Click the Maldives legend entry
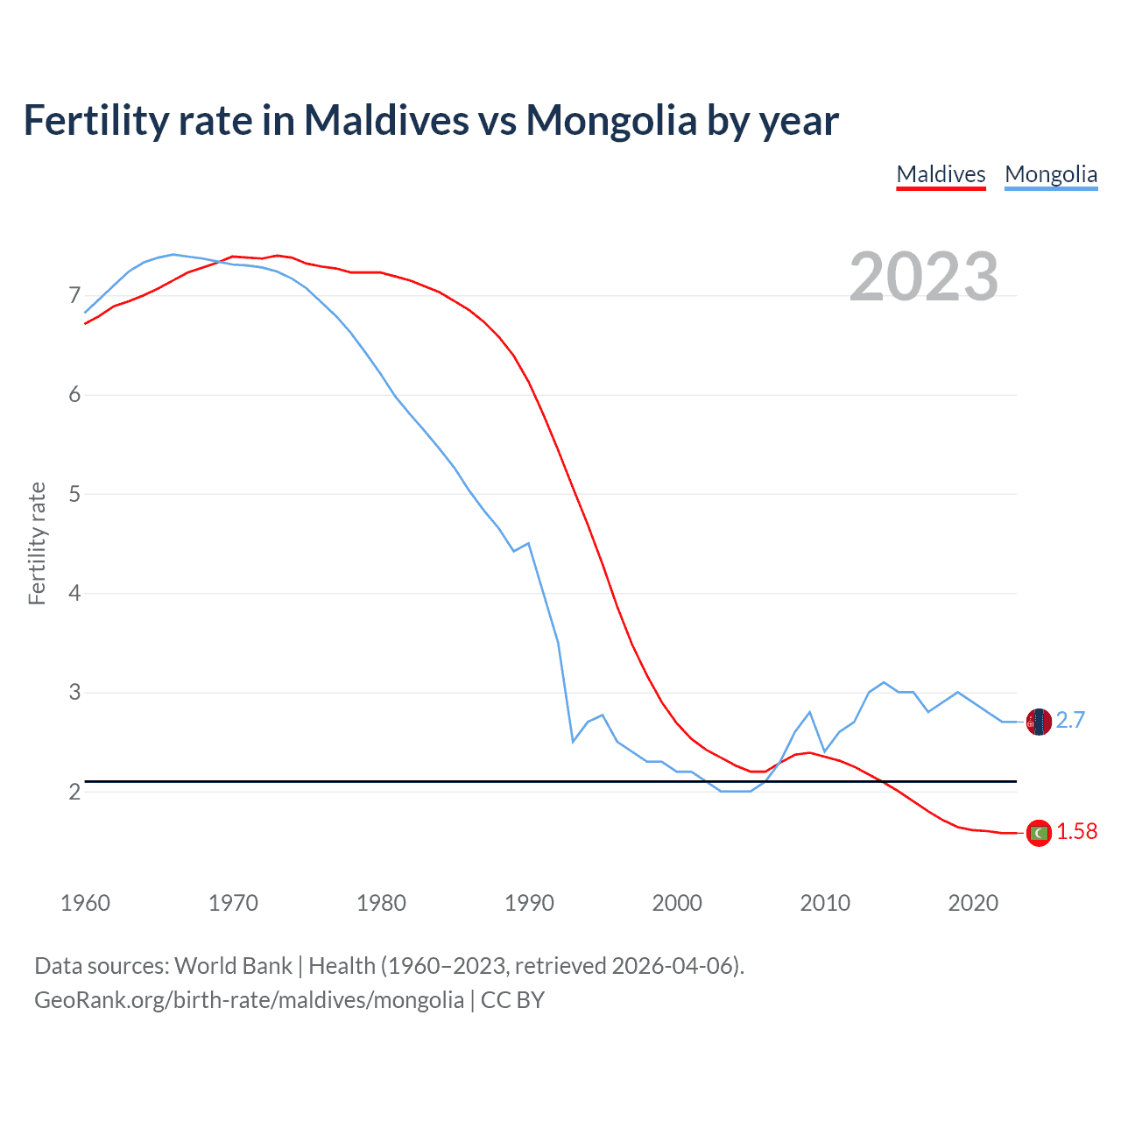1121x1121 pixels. pos(941,174)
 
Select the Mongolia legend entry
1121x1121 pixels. pos(1051,174)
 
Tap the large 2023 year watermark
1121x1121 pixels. pos(924,277)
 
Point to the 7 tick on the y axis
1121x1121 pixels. pos(74,295)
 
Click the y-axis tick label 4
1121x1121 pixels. pos(74,593)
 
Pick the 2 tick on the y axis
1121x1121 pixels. pos(74,792)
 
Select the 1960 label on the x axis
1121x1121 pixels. pos(85,903)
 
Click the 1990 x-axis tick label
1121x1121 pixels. pos(529,903)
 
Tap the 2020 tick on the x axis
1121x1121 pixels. pos(973,903)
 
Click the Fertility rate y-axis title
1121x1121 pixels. pos(37,543)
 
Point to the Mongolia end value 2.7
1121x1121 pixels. pos(1070,720)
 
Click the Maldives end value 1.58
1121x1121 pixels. pos(1076,832)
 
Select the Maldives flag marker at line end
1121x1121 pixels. pos(1039,833)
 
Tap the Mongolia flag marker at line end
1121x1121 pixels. pos(1039,722)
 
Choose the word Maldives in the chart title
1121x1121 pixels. pos(386,120)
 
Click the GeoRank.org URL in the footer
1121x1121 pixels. pos(249,1000)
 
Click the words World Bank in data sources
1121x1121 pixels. pos(233,966)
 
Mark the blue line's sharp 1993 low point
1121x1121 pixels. pos(573,742)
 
